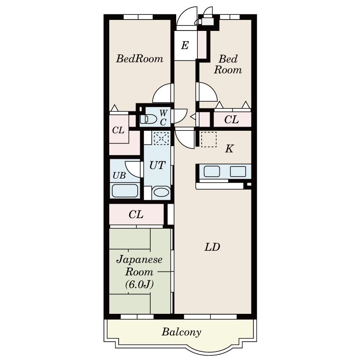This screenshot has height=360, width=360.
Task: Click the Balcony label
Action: [181, 332]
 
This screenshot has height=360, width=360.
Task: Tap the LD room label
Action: [212, 247]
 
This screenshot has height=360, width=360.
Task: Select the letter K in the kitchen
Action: [229, 149]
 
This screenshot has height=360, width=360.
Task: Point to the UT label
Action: [157, 165]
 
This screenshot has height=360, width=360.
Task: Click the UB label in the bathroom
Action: [119, 175]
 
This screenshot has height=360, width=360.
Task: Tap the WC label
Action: [163, 118]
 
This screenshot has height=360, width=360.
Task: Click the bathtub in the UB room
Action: [125, 191]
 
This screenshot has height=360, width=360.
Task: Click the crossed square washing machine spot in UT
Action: [161, 138]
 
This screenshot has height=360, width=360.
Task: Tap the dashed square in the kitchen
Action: [208, 139]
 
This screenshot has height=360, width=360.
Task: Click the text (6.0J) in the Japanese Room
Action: [139, 284]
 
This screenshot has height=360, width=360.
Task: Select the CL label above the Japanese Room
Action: [136, 215]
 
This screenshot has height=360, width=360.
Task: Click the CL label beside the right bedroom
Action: [231, 120]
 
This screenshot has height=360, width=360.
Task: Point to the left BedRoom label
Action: [140, 59]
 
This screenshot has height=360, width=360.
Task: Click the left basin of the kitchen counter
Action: [212, 172]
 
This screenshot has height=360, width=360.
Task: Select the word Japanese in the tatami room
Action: [139, 259]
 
